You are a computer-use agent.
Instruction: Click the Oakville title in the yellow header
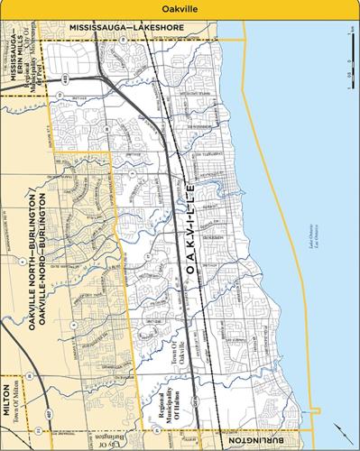180,7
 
